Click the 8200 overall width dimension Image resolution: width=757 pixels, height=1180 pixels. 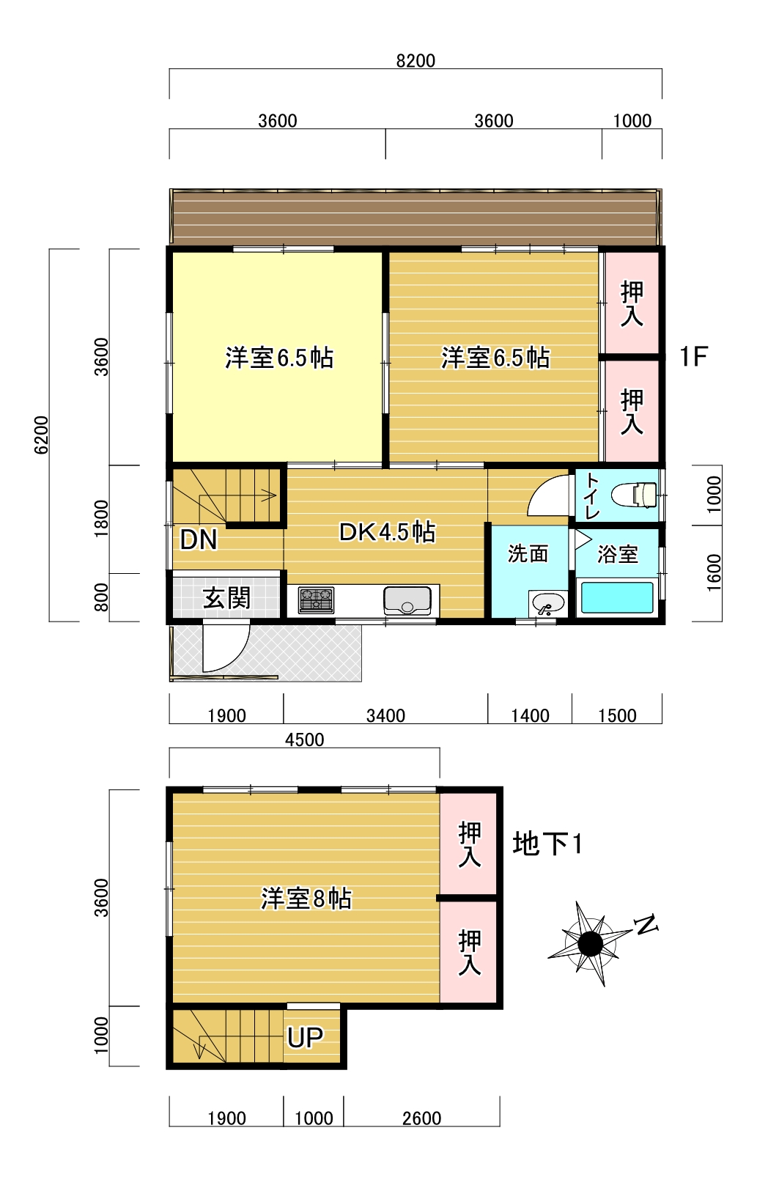[x=416, y=61]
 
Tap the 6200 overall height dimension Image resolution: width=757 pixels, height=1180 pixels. [x=41, y=435]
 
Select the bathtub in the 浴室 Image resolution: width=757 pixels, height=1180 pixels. [x=616, y=597]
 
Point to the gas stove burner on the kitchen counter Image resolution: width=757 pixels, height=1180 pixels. [x=316, y=600]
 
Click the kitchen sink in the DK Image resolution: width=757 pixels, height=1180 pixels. [x=407, y=600]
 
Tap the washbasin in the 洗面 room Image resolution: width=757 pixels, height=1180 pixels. [x=548, y=604]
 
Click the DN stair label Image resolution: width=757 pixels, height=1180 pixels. [x=198, y=540]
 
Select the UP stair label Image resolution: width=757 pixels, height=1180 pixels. [x=305, y=1036]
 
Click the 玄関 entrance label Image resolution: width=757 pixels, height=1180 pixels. [x=226, y=598]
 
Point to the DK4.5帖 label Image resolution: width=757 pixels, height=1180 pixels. [x=387, y=532]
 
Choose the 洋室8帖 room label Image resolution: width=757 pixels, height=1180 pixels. [x=306, y=898]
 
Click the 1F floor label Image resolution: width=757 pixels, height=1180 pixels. [x=693, y=357]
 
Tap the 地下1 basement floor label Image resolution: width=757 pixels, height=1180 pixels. [x=547, y=843]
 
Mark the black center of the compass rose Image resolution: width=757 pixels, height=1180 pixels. [x=590, y=943]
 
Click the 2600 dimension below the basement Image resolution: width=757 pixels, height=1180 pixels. [x=421, y=1118]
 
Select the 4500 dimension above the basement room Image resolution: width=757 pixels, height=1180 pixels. [x=305, y=740]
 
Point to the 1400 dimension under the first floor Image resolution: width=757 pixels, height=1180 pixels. [x=530, y=715]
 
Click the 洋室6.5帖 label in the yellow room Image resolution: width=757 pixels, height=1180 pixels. [x=279, y=358]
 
